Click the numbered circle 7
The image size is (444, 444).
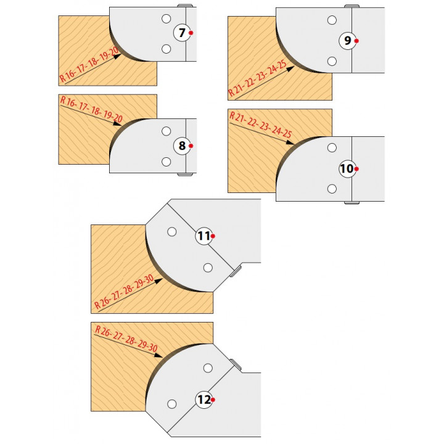point(182,33)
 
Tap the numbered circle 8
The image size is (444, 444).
point(182,146)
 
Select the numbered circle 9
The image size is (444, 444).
point(347,41)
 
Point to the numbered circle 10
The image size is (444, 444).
point(347,169)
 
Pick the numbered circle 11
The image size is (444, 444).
point(204,236)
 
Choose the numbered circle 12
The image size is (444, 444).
point(204,400)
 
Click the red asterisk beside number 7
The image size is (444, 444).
point(191,33)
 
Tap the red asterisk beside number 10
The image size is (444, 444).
point(356,169)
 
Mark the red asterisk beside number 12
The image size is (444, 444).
point(213,400)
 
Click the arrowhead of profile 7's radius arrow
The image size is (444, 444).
point(118,56)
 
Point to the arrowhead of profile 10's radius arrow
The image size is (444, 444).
point(290,142)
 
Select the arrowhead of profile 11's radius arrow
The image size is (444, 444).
point(159,281)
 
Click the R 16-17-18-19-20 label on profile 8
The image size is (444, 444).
point(91,109)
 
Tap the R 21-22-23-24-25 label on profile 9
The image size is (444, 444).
point(257,78)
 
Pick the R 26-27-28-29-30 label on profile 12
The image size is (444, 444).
point(126,339)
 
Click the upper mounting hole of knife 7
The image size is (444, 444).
point(166,19)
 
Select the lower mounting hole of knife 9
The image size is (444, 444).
point(332,61)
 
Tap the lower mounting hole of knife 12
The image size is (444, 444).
point(172,404)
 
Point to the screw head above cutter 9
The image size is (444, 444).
point(351,6)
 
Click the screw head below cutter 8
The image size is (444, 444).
point(185,174)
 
